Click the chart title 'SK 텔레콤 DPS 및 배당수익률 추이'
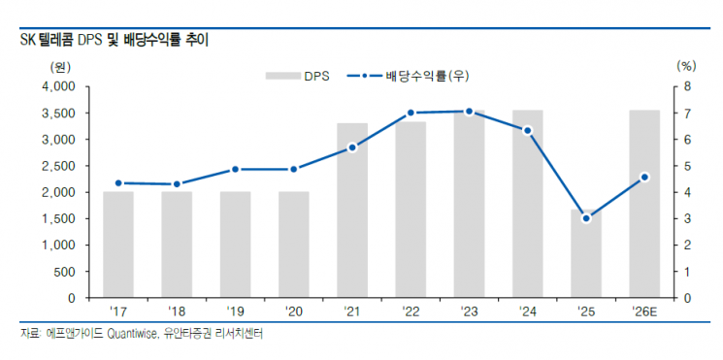114,41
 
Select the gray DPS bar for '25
586,254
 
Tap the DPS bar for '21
352,210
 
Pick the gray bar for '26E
644,204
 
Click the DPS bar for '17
118,245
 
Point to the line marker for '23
469,112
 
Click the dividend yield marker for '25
586,218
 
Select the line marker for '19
236,169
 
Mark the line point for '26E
644,177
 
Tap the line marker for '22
411,113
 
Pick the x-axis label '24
527,312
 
